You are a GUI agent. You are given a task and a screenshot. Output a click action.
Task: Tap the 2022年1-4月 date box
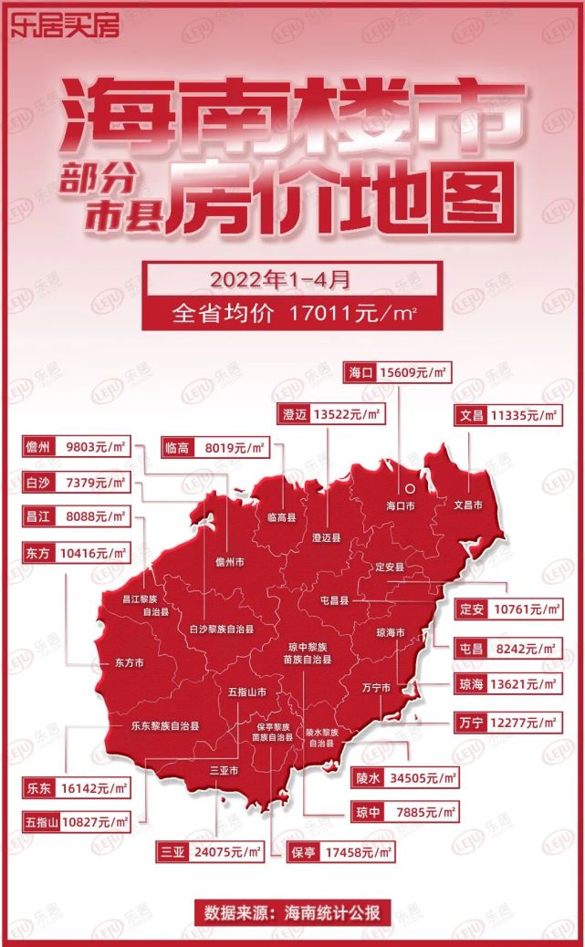click(x=292, y=276)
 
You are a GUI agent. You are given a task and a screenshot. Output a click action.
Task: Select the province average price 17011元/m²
click(x=292, y=314)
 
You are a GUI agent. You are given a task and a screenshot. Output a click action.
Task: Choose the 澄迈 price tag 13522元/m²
click(x=329, y=413)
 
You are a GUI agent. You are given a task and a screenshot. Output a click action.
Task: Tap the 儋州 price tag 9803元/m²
click(x=77, y=447)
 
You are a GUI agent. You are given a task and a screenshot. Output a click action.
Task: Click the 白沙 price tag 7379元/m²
click(x=77, y=482)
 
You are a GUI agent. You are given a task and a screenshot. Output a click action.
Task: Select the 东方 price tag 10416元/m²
click(x=77, y=553)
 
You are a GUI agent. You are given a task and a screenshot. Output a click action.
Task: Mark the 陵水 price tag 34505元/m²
click(x=402, y=778)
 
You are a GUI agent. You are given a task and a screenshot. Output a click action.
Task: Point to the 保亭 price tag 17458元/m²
click(x=340, y=853)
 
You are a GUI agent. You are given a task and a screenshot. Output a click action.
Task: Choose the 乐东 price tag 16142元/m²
click(x=77, y=786)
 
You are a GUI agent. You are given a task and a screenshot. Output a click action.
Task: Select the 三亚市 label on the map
click(x=224, y=771)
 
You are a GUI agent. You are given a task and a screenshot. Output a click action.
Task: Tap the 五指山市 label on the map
click(x=248, y=692)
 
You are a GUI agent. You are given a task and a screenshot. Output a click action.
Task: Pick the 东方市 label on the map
click(x=129, y=663)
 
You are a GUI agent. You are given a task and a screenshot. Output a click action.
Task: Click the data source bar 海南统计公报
click(x=292, y=911)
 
